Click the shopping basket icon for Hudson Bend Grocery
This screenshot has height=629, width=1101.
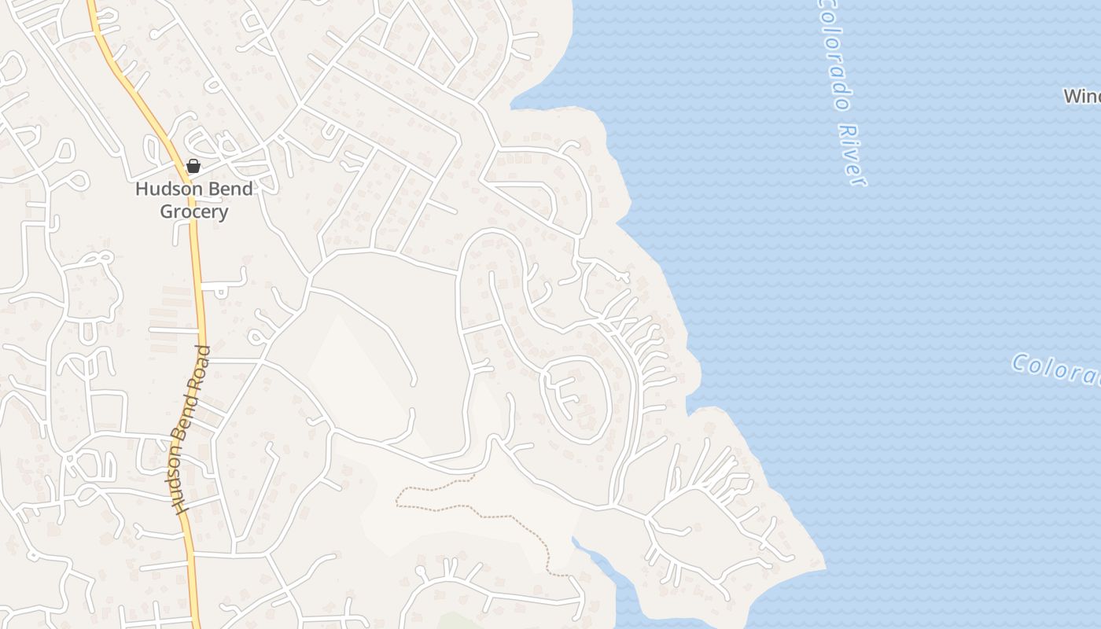(x=193, y=166)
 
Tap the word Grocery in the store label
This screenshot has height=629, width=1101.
(x=194, y=212)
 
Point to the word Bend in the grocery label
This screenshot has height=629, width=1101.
(x=229, y=189)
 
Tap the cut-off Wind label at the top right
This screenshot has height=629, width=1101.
(x=1082, y=96)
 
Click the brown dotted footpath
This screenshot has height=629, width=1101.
(x=472, y=510)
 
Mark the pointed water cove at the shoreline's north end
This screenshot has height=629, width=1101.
(x=514, y=105)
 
